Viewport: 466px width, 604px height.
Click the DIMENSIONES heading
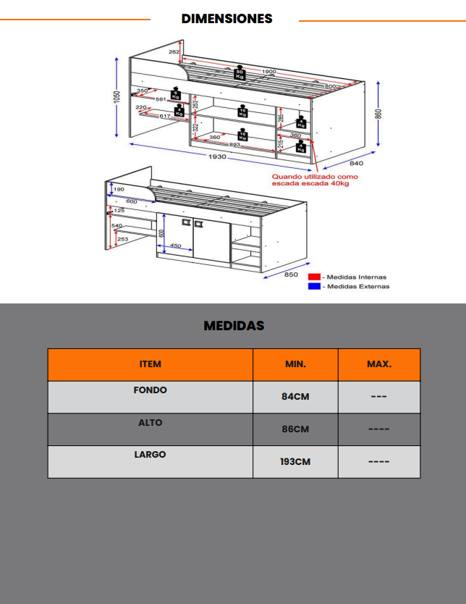click(x=226, y=19)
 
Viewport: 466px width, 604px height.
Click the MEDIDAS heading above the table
click(x=234, y=326)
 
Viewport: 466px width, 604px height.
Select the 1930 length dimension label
click(x=217, y=157)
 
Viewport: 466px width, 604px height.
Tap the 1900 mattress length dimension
click(x=269, y=72)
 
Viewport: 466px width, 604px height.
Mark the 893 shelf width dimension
click(x=234, y=125)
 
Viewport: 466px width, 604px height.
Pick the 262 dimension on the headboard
click(x=174, y=52)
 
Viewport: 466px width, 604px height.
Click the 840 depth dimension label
click(x=355, y=163)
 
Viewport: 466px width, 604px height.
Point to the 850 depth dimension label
click(x=291, y=274)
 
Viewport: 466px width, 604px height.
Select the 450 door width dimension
click(x=175, y=246)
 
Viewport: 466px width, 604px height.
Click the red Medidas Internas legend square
click(x=313, y=277)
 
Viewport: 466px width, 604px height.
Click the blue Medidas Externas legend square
click(x=313, y=286)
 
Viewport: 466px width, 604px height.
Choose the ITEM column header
click(x=151, y=364)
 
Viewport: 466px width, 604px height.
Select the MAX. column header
click(x=379, y=364)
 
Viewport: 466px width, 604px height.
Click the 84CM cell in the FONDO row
click(x=295, y=397)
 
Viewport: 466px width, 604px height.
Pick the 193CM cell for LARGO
click(x=295, y=461)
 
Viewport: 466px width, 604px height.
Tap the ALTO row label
click(x=151, y=422)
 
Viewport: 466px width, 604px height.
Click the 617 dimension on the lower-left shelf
click(x=164, y=116)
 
